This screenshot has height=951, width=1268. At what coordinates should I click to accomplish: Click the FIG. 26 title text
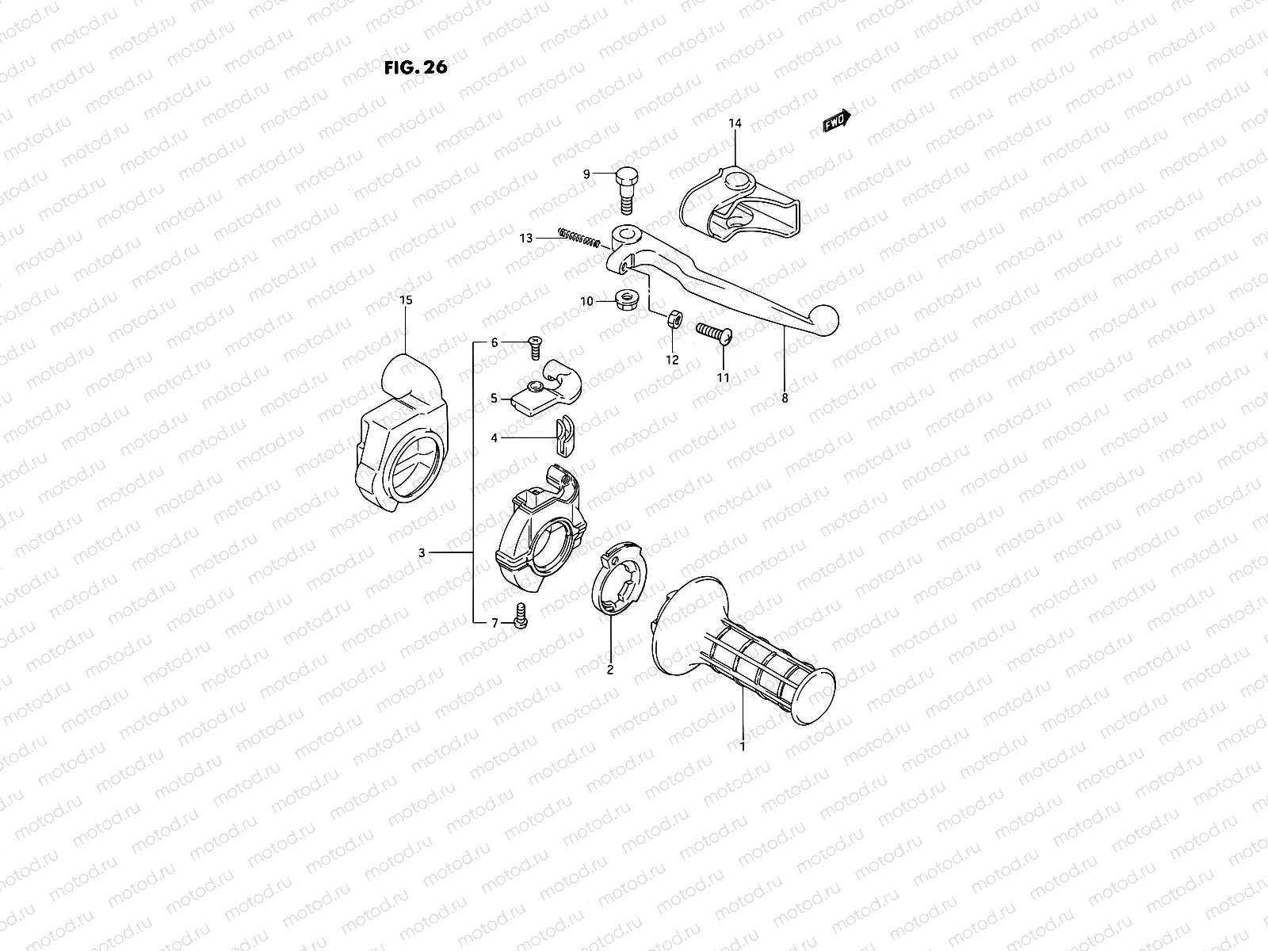point(415,67)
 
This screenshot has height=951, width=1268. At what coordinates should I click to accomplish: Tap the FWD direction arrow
point(837,120)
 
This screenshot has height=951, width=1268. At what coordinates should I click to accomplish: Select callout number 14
point(735,124)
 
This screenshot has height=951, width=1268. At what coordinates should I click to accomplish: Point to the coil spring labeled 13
point(577,237)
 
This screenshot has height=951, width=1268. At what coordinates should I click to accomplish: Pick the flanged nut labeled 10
point(627,300)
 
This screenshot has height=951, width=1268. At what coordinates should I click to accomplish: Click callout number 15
point(406,300)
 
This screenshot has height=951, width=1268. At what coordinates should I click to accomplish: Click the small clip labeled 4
point(563,437)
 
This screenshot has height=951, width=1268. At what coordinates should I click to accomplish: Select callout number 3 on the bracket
point(422,552)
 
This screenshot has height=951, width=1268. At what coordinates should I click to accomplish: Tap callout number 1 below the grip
point(743,746)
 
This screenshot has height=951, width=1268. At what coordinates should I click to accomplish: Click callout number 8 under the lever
point(785,399)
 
